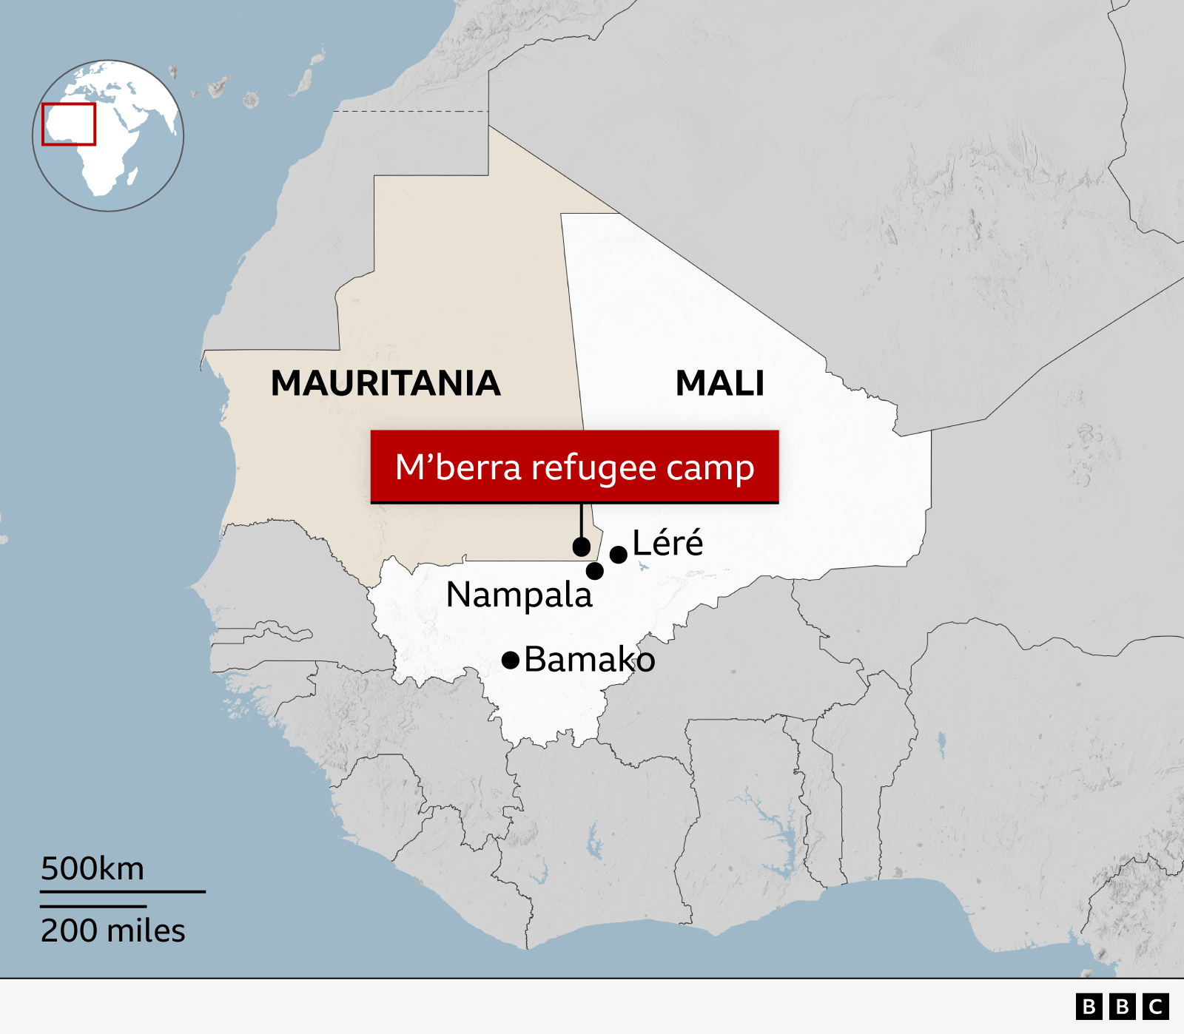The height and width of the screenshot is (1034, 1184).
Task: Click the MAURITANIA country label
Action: pyautogui.click(x=386, y=383)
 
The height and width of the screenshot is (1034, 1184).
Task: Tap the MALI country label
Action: pyautogui.click(x=719, y=383)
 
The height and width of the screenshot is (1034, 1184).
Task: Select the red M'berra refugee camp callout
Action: pyautogui.click(x=574, y=467)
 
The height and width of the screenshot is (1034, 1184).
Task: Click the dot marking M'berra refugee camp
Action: pyautogui.click(x=582, y=547)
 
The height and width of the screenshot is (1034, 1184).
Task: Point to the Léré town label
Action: pyautogui.click(x=667, y=543)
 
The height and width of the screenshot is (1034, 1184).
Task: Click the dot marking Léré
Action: pyautogui.click(x=619, y=555)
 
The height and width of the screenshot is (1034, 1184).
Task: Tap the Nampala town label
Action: pyautogui.click(x=519, y=595)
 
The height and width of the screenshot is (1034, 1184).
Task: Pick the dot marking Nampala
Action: pyautogui.click(x=595, y=571)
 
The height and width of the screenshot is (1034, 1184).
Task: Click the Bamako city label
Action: pyautogui.click(x=589, y=660)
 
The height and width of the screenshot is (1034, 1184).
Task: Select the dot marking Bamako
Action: pyautogui.click(x=511, y=660)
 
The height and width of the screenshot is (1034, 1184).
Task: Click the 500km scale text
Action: pyautogui.click(x=92, y=868)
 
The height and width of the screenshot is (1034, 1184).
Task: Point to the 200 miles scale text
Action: pyautogui.click(x=112, y=930)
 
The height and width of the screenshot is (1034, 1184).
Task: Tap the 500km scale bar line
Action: pyautogui.click(x=122, y=892)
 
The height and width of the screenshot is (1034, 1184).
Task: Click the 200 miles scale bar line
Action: pyautogui.click(x=93, y=906)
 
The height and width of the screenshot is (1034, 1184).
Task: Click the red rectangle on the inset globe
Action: pyautogui.click(x=69, y=124)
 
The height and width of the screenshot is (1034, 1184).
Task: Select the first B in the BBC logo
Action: pyautogui.click(x=1089, y=1007)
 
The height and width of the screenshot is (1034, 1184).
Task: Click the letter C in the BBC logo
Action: pyautogui.click(x=1156, y=1007)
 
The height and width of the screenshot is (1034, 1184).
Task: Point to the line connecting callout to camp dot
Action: pyautogui.click(x=582, y=521)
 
